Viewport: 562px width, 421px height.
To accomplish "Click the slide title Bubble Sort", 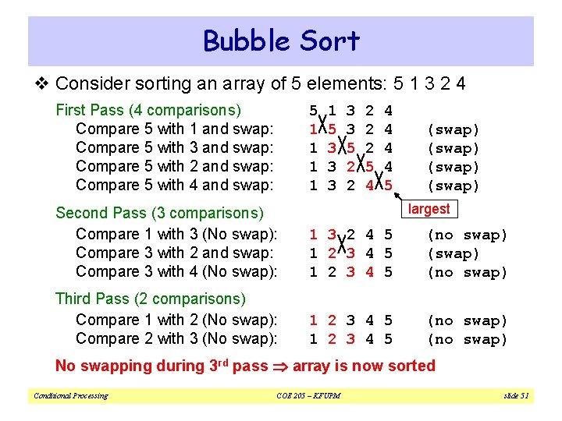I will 281,41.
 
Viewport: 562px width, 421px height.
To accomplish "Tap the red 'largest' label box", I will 429,209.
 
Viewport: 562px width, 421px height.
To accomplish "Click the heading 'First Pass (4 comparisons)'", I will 148,110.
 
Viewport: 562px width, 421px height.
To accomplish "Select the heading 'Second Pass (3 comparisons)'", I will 159,213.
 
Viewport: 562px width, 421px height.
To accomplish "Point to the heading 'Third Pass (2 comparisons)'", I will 150,299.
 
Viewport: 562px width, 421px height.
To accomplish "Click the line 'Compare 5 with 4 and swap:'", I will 174,185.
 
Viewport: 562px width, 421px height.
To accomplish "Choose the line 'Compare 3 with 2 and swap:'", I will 174,253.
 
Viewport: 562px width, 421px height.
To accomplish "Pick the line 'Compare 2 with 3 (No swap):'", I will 176,338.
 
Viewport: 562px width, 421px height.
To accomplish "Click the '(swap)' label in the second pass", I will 454,253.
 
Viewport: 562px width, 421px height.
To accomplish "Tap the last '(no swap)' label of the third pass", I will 467,339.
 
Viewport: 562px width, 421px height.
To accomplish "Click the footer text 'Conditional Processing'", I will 70,396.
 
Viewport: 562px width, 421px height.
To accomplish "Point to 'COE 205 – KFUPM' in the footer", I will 308,396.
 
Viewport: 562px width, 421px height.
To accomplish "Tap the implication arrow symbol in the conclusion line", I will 278,366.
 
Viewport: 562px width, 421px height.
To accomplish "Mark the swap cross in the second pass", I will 341,244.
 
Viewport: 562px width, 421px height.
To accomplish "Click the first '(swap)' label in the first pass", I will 454,129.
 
